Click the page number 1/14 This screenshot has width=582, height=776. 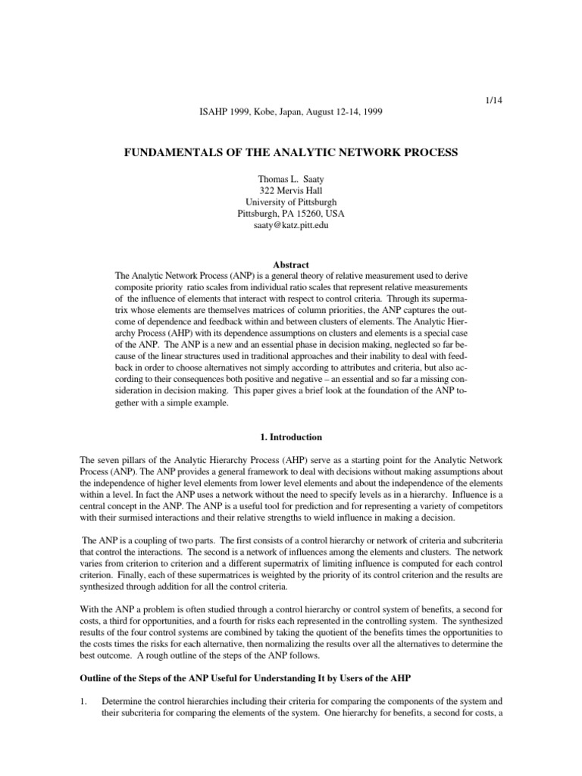pyautogui.click(x=493, y=100)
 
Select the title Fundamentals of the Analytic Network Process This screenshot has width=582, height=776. pyautogui.click(x=291, y=153)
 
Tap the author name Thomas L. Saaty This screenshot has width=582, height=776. pyautogui.click(x=291, y=180)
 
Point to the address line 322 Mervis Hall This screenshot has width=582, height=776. pyautogui.click(x=291, y=191)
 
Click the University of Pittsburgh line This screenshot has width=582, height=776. pyautogui.click(x=291, y=202)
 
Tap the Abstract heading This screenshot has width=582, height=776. pyautogui.click(x=291, y=264)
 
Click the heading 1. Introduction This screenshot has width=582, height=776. pyautogui.click(x=291, y=437)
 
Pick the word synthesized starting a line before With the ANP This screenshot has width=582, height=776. pyautogui.click(x=103, y=587)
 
